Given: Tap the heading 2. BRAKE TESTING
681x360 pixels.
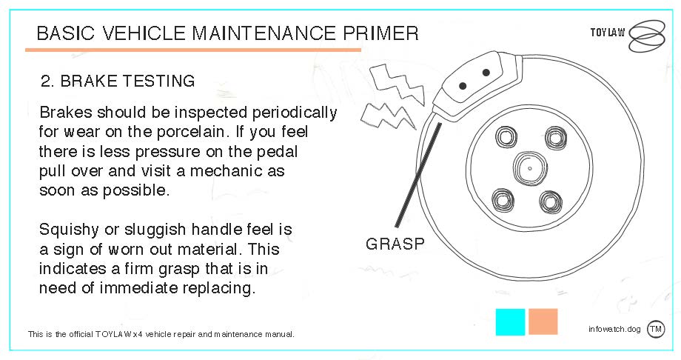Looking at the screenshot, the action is (118, 81).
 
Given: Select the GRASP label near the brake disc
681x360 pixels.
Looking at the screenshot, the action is (395, 244).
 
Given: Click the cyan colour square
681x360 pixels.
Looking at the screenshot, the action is (510, 322).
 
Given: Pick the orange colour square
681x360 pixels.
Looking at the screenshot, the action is (543, 321).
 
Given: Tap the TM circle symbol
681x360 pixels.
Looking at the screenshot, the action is (655, 329).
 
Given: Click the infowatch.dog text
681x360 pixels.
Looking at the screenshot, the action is (614, 329).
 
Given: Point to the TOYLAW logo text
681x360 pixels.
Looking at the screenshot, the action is (608, 33).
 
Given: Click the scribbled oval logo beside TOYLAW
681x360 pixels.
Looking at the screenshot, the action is (647, 36).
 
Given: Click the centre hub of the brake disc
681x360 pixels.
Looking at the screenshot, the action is (530, 168).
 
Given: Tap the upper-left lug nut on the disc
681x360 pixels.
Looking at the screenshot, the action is (506, 137).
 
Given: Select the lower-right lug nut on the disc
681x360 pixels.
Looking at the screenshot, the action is (551, 202).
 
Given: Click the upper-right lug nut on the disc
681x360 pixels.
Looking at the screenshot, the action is (556, 137).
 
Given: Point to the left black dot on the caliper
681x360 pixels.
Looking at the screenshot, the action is (463, 86).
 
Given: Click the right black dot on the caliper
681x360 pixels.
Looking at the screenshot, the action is (486, 73).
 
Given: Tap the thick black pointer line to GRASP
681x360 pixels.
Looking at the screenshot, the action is (417, 176).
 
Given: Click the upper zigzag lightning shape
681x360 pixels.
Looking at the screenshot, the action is (397, 84).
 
